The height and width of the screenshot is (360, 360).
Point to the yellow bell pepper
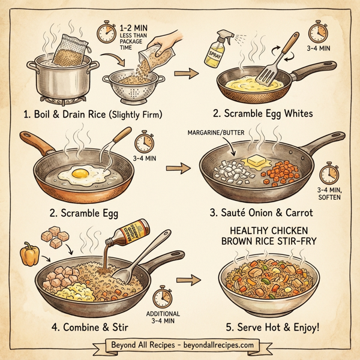(x=30, y=254)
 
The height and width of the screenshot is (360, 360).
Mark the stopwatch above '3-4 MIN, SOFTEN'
(x=328, y=175)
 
